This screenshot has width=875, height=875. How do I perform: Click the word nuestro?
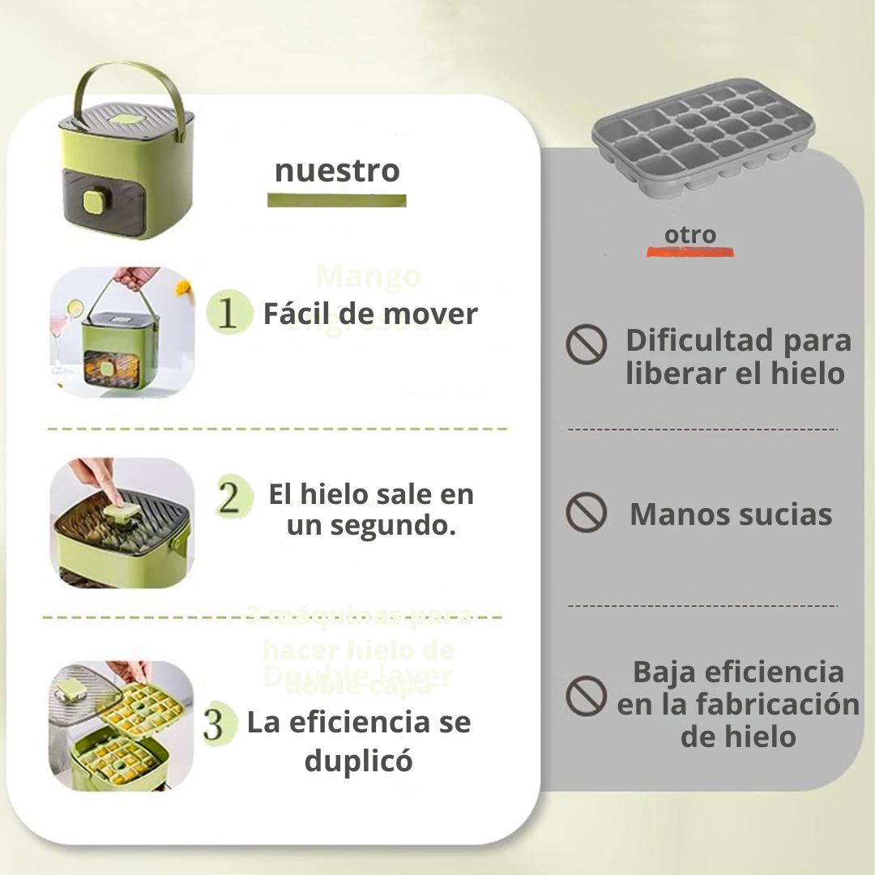coord(337,171)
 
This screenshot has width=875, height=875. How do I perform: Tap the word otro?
coord(690,235)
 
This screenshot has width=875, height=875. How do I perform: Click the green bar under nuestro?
coord(337,200)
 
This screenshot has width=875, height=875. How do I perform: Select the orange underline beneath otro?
coord(689,252)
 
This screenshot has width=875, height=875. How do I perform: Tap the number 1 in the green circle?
coord(228,314)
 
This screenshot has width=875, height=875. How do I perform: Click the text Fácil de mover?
coord(370,314)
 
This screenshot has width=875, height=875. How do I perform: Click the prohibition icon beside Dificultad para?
coord(586,344)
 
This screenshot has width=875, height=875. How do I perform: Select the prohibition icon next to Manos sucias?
coord(586,513)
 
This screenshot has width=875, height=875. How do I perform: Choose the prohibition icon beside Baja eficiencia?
coord(586,696)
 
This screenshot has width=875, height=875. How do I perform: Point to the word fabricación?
coord(777,704)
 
